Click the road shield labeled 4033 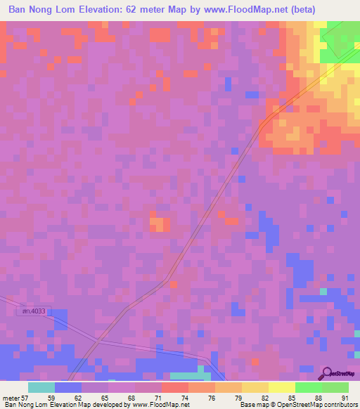click(x=29, y=310)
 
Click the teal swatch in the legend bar click(x=41, y=387)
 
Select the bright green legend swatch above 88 click(x=308, y=387)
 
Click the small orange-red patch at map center click(x=159, y=223)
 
